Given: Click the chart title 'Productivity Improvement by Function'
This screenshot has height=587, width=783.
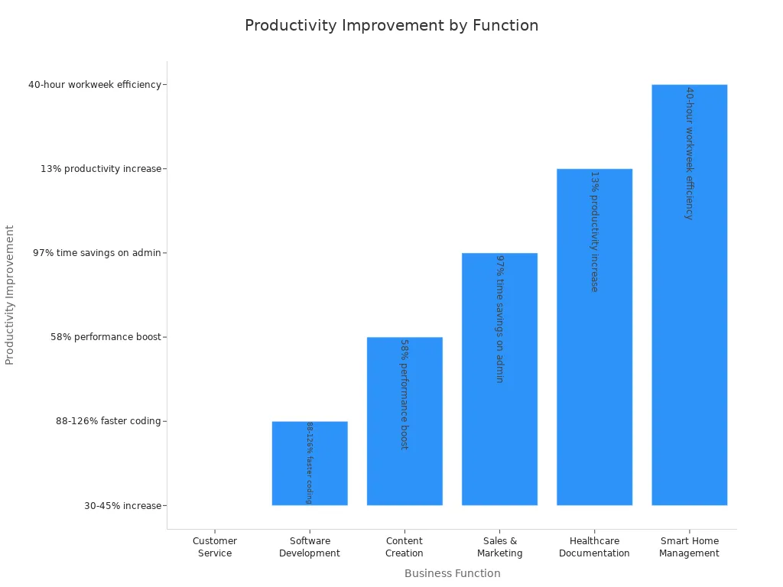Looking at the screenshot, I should (x=391, y=26).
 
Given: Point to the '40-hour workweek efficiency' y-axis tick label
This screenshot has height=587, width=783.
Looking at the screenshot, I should (x=95, y=85).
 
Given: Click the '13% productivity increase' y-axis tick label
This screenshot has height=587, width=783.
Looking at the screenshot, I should (x=101, y=169).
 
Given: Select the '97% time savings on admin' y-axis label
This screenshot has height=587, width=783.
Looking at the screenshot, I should (x=97, y=253).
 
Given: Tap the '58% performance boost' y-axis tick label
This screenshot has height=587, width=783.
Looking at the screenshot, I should (x=106, y=337).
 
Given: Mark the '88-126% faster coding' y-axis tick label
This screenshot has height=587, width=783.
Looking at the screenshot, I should (x=109, y=421).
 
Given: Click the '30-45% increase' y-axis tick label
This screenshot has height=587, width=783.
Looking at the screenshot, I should (x=123, y=505).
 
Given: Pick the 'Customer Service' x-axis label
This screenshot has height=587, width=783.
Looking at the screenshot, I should (x=215, y=547).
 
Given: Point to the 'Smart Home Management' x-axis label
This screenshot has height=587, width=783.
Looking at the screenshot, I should (x=689, y=547).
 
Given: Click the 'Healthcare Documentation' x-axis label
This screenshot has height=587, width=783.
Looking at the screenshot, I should (x=594, y=547).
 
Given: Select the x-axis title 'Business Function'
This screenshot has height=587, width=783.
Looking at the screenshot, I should (x=452, y=573).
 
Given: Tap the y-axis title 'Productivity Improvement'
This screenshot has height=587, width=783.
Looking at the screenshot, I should (x=10, y=294).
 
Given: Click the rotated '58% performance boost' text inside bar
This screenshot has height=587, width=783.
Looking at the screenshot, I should (x=404, y=394).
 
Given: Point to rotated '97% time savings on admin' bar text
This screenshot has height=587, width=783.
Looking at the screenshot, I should (x=499, y=319).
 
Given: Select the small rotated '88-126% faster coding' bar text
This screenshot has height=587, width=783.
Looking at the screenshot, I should (x=310, y=462).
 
